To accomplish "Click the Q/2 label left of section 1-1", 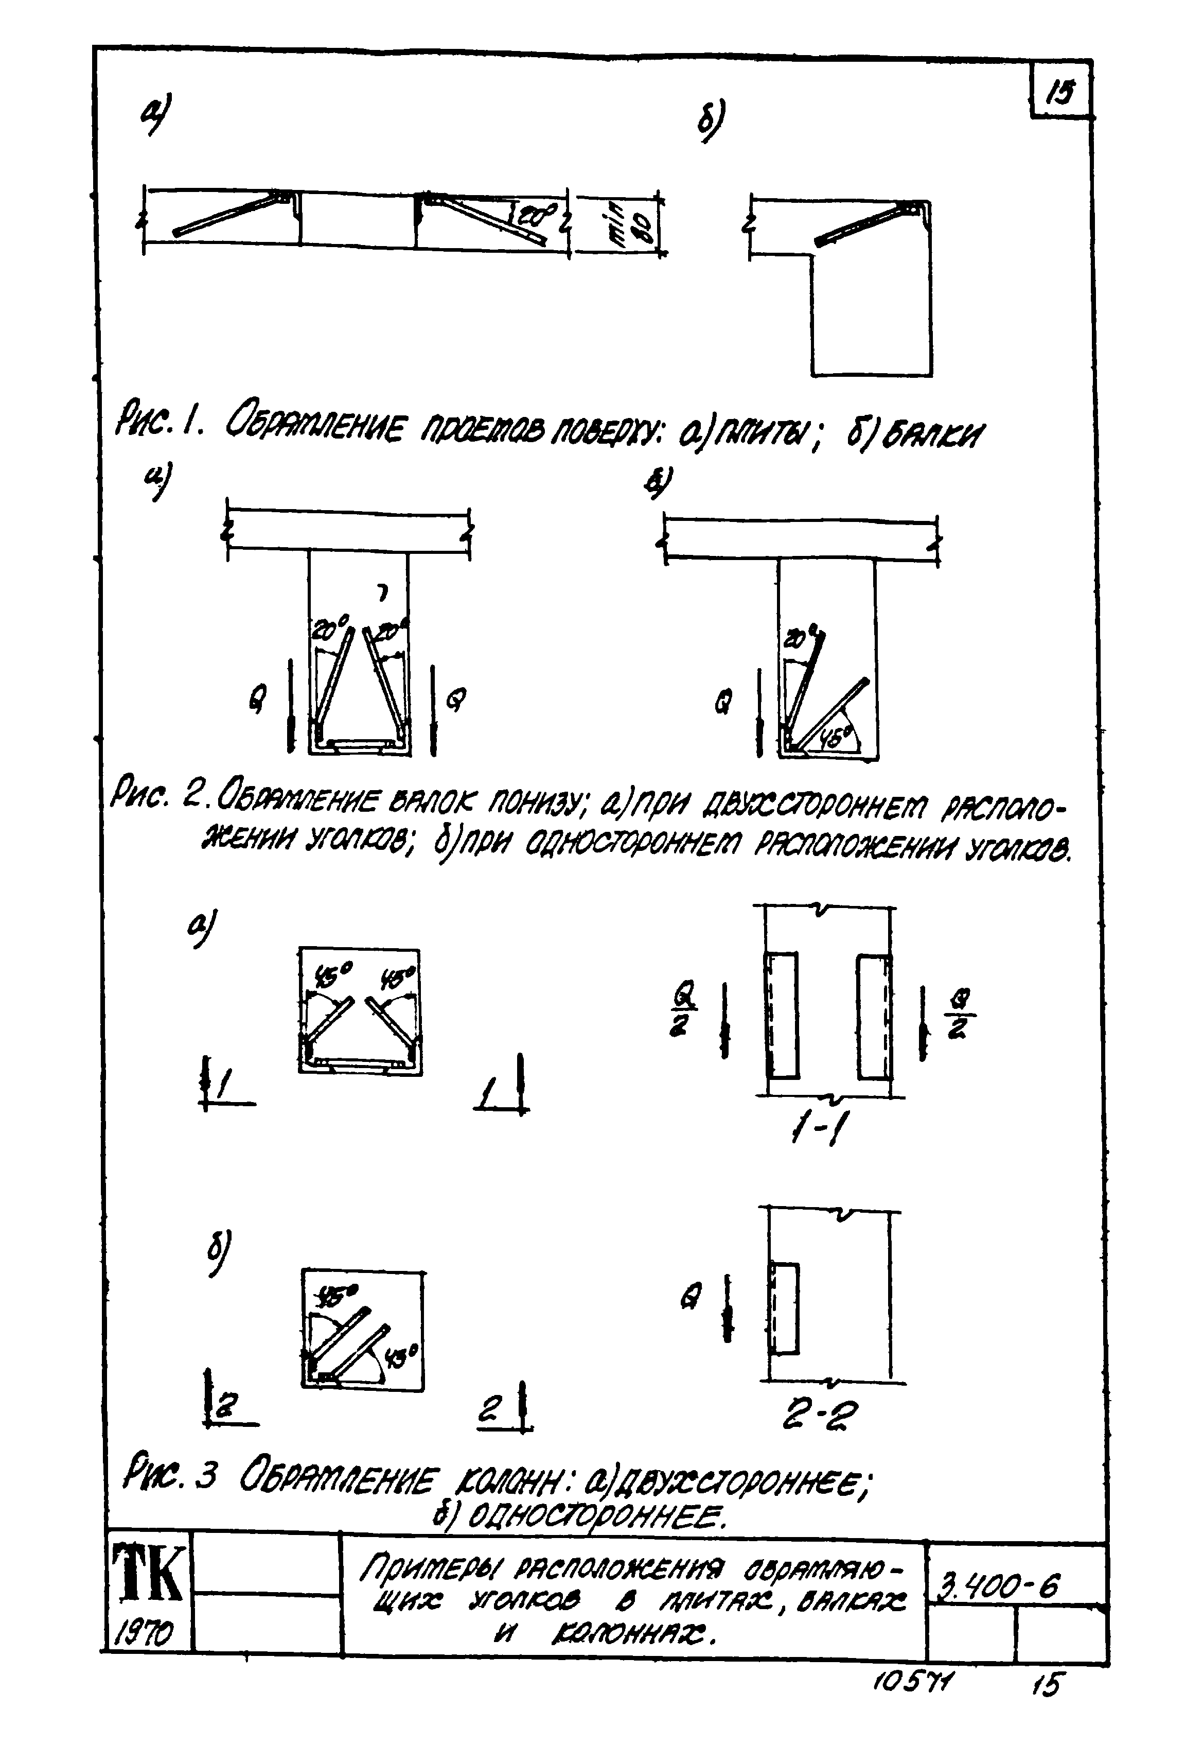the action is coord(684,1013).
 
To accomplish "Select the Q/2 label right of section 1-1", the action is coord(961,1013).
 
